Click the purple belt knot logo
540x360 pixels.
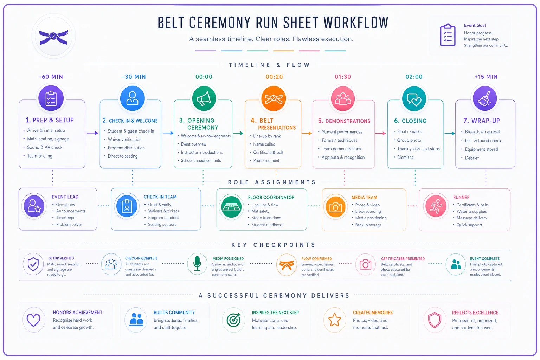pos(53,37)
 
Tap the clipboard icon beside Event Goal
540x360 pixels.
pos(448,35)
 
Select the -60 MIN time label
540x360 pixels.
pos(51,77)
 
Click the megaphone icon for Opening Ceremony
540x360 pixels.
pos(204,98)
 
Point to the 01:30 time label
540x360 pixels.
pos(343,77)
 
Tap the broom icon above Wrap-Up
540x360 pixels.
pos(485,98)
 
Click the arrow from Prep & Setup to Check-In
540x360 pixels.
pos(92,133)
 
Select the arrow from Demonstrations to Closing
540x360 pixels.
pos(380,133)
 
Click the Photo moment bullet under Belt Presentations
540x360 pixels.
pos(266,161)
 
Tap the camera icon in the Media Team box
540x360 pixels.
pos(336,207)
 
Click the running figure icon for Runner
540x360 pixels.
pos(436,206)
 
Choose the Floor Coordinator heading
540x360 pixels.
pos(271,197)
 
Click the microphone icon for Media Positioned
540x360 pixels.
pos(197,264)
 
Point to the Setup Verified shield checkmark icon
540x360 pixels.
pos(33,264)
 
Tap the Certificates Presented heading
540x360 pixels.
pos(403,259)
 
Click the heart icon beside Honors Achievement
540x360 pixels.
pos(33,320)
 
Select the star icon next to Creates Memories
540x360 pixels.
pos(335,320)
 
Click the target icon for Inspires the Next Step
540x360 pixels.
pos(233,320)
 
